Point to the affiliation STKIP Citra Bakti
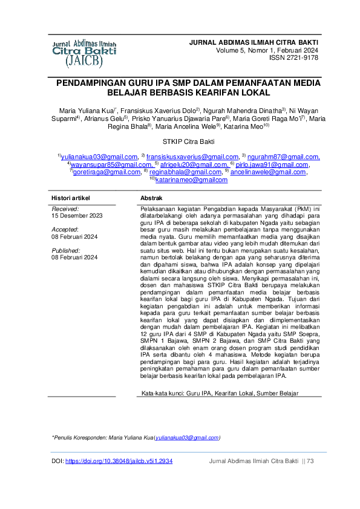180,141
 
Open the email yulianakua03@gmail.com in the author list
99,157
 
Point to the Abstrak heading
151,198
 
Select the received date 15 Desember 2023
77,215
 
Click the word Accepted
65,230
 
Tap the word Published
66,250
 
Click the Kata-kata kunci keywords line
219,392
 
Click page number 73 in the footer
310,461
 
